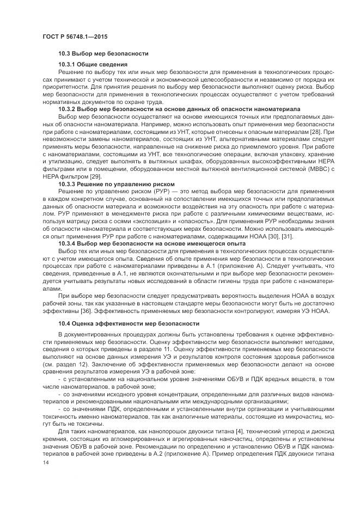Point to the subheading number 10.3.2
(x=67, y=109)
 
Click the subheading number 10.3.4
(x=67, y=243)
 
